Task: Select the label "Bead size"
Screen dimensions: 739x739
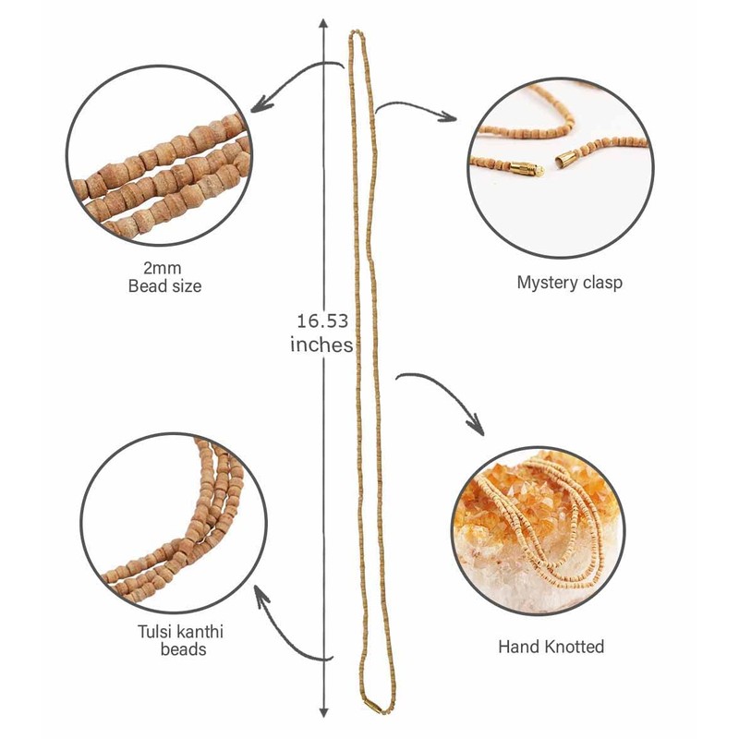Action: tap(164, 286)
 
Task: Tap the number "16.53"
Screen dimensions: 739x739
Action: tap(322, 321)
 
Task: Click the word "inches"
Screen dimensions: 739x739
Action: tap(321, 345)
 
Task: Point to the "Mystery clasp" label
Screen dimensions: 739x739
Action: tap(569, 282)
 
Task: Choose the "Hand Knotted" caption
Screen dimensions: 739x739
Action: tap(551, 647)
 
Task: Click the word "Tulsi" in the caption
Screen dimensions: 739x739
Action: tap(152, 633)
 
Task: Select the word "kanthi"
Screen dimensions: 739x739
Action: tap(200, 633)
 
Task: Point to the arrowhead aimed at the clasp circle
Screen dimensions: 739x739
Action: tap(451, 118)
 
